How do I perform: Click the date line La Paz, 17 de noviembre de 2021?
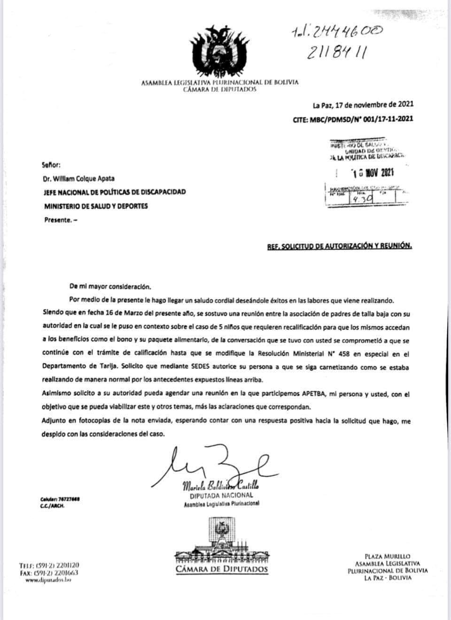tap(363, 105)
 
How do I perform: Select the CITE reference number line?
tap(353, 119)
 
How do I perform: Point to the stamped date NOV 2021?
tap(373, 173)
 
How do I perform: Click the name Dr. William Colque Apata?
tap(79, 178)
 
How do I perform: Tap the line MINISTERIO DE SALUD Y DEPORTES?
tap(96, 206)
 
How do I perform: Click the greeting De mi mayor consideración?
tap(110, 286)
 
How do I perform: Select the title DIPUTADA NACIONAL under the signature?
tap(221, 495)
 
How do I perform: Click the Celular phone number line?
tap(60, 499)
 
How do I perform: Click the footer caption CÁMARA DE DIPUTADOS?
tap(222, 570)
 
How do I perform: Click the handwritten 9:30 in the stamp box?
tap(362, 199)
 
